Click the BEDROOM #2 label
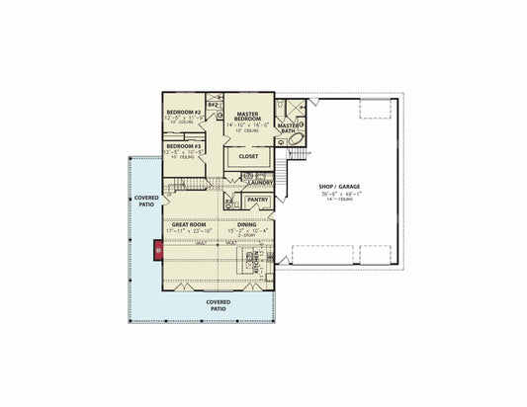[184, 113]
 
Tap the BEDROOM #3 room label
[184, 146]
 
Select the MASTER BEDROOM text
[247, 116]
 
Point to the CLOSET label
[248, 155]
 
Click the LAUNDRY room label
[261, 182]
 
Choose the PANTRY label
[257, 200]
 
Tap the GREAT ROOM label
[188, 225]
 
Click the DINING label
[246, 225]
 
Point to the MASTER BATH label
[289, 127]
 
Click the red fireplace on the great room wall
[156, 250]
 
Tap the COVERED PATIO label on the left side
[146, 202]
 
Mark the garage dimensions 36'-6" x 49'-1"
[339, 194]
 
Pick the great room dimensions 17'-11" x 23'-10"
[188, 232]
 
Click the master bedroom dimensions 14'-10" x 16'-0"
[247, 125]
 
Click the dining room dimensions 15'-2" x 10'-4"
[246, 232]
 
